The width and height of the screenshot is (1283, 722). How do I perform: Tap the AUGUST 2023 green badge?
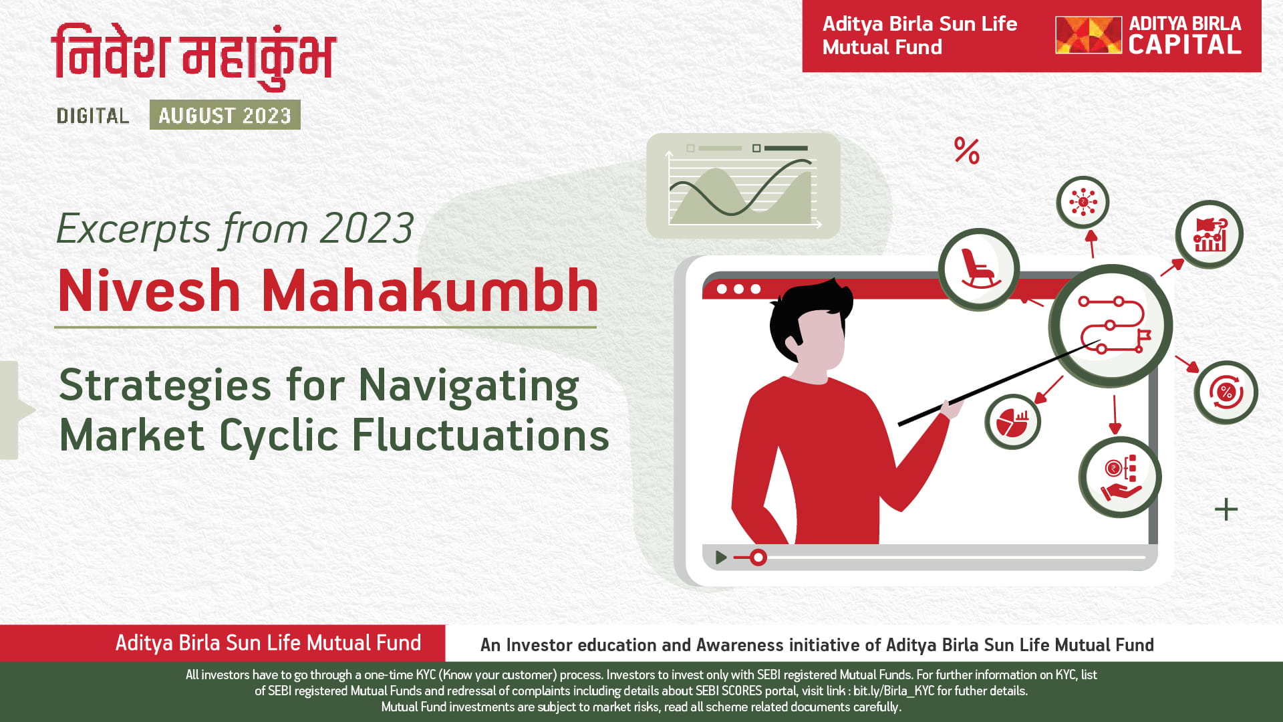coord(225,115)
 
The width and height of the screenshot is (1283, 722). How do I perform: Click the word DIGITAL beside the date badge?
coord(93,116)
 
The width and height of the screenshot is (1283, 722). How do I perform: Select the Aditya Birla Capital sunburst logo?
coord(1088,35)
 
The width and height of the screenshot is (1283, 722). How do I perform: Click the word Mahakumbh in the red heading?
coord(430,291)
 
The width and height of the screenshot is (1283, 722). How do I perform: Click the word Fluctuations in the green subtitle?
coord(480,435)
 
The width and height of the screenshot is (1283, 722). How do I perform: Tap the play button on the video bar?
coord(721,557)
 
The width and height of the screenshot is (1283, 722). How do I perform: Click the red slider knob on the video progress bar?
coord(758,557)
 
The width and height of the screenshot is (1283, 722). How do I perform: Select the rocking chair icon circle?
coord(979,269)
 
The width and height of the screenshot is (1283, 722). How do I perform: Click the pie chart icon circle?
coord(1012,421)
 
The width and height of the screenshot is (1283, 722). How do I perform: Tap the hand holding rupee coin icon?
coord(1120,477)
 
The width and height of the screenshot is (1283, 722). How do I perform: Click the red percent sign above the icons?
coord(967,151)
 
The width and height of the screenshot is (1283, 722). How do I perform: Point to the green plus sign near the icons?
coord(1226,509)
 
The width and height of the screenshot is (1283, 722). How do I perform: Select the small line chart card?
coord(743,186)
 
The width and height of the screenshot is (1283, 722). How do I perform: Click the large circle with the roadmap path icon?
coord(1111,326)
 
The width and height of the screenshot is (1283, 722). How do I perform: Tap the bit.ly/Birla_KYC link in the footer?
coord(893,691)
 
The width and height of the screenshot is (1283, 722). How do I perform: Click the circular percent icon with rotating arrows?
coord(1226,392)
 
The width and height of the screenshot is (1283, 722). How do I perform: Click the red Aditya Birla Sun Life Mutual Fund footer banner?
coord(223,643)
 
